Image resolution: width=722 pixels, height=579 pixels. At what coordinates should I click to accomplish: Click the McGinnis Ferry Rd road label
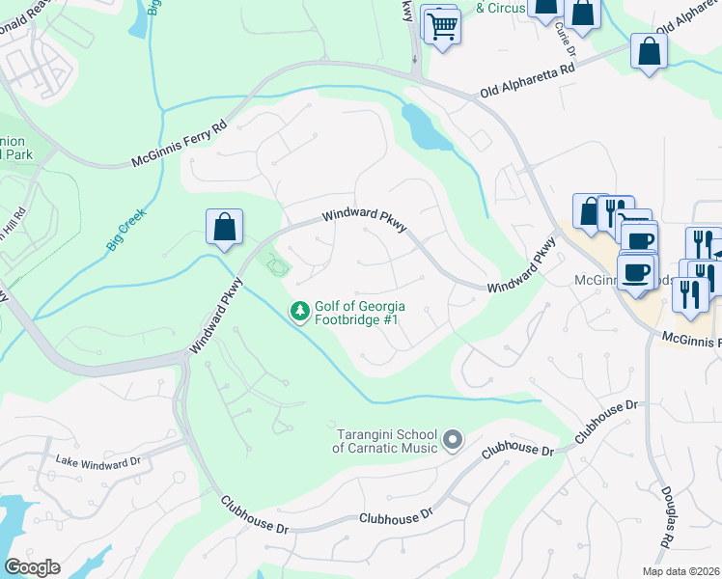(x=180, y=145)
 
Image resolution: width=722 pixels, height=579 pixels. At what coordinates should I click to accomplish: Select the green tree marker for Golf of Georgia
(x=300, y=311)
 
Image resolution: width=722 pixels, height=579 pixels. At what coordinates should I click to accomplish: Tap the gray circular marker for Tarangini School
(x=452, y=442)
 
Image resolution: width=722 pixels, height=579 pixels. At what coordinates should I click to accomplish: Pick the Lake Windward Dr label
(x=98, y=461)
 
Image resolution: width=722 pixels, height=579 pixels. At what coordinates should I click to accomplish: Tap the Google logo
(x=32, y=567)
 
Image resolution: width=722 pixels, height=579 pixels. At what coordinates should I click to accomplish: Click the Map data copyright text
(x=681, y=571)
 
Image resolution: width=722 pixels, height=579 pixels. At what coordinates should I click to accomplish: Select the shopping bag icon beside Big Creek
(x=224, y=229)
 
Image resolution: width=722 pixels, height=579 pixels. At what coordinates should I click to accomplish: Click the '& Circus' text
(x=501, y=8)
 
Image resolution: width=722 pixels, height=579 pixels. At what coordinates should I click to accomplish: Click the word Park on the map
(x=19, y=154)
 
